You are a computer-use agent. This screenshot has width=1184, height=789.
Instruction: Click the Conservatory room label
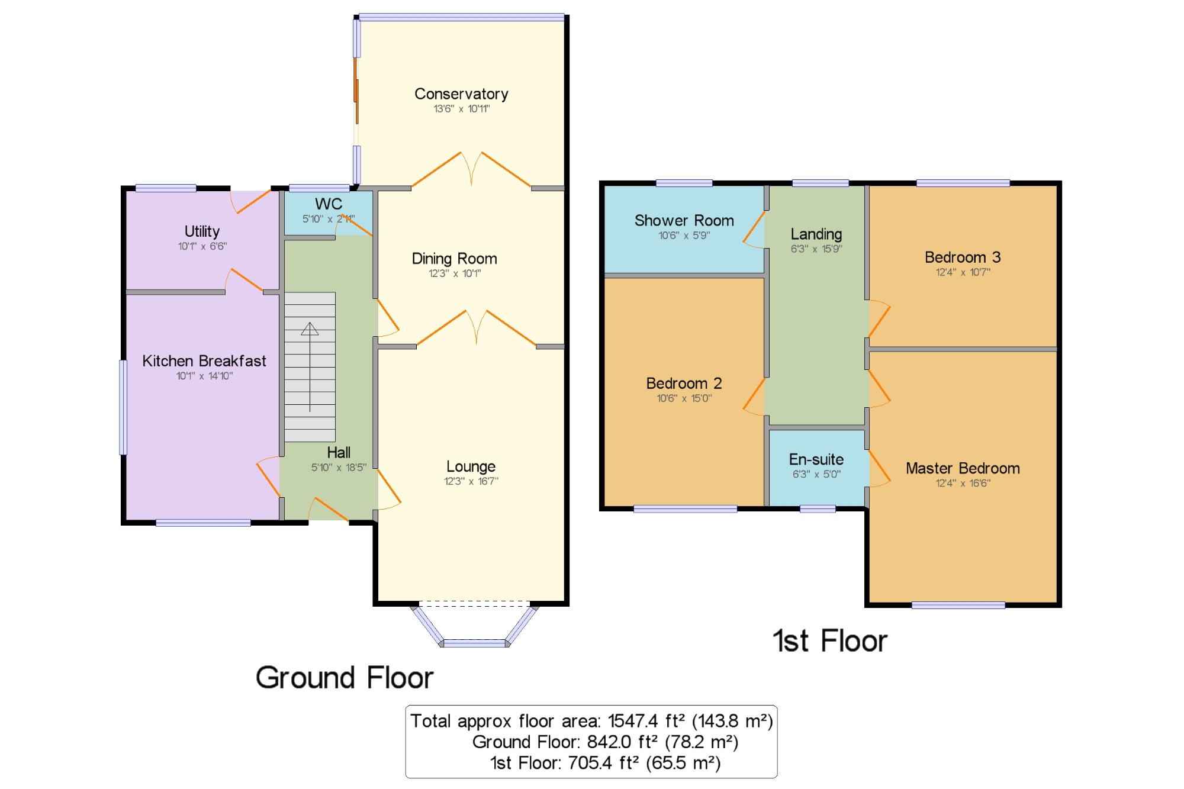461,94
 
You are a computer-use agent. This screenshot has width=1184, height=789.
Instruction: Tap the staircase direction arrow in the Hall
310,366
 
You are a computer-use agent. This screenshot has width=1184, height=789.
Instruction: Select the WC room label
329,204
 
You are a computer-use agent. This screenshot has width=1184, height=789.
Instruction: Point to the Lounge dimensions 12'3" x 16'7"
471,481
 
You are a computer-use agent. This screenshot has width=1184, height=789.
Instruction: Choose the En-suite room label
816,459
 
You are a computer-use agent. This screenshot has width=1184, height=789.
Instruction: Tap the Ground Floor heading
345,678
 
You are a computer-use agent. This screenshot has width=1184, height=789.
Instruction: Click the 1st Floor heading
830,641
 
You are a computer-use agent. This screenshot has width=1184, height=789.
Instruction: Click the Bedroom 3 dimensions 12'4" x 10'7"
963,272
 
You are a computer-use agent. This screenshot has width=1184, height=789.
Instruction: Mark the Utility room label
202,231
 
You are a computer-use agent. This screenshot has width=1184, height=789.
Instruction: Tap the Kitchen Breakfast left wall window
123,407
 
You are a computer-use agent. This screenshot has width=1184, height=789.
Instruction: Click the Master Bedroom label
963,468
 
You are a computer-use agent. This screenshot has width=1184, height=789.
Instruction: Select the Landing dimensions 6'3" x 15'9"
816,249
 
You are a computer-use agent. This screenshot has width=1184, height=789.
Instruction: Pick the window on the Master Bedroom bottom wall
958,605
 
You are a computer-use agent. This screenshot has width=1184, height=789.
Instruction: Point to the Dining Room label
455,259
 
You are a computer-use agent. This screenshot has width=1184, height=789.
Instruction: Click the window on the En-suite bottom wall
818,508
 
